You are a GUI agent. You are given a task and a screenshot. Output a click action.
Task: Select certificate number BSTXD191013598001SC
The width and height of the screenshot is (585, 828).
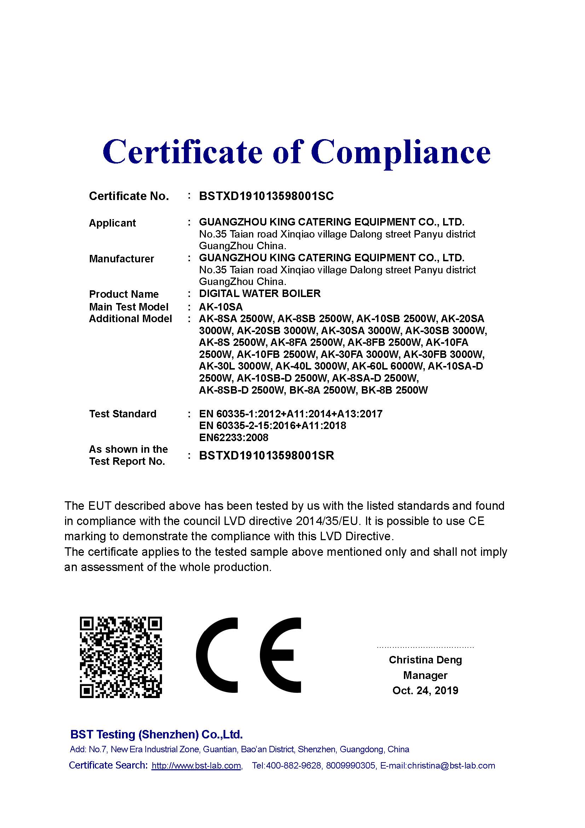[x=266, y=196]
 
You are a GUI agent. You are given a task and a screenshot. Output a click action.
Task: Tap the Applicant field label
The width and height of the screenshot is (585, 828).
[x=112, y=223]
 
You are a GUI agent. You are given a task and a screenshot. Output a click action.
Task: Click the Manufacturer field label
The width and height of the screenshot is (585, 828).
[x=121, y=258]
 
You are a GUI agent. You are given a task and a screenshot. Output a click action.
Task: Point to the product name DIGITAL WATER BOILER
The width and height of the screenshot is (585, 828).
[x=260, y=293]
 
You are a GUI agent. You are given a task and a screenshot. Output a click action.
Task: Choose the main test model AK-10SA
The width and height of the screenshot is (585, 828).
[x=221, y=307]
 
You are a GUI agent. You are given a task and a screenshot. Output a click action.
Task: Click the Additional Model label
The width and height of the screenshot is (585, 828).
[x=131, y=319]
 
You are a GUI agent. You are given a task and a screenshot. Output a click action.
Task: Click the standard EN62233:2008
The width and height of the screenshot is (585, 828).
[x=234, y=438]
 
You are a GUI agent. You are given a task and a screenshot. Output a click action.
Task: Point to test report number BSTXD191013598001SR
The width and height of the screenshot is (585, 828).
[x=267, y=456]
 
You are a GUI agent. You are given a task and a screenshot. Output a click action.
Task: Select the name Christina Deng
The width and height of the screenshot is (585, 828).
[x=425, y=660]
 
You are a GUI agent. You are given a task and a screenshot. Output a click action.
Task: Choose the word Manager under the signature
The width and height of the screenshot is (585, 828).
[x=425, y=675]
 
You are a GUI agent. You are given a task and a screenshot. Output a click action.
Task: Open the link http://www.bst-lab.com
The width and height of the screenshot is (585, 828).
[x=196, y=766]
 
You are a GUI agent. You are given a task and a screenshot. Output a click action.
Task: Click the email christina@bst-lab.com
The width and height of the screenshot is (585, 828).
[x=451, y=766]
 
